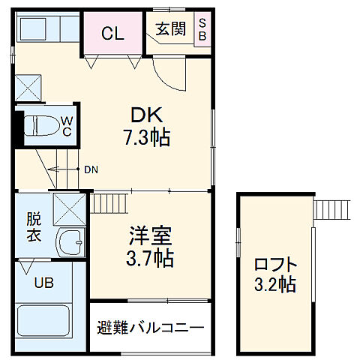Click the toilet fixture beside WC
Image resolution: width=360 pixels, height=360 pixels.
click(41, 125)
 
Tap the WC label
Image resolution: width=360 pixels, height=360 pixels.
click(67, 125)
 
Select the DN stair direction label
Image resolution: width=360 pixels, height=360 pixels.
click(91, 169)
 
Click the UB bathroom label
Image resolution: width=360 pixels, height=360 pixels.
click(43, 283)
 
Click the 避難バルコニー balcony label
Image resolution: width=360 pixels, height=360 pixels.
click(150, 328)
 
